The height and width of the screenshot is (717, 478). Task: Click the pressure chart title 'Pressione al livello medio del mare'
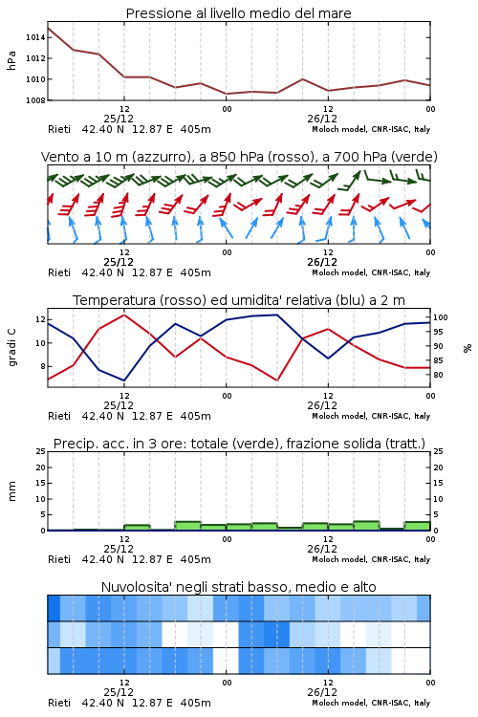[x=238, y=13]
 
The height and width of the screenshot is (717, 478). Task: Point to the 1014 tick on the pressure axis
[x=35, y=37]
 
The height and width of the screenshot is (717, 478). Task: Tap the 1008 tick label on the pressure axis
[x=35, y=100]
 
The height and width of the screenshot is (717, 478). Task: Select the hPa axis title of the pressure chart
[x=11, y=60]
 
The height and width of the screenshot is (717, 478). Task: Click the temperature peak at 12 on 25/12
[x=124, y=315]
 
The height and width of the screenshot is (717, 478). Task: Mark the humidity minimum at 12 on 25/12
[x=124, y=380]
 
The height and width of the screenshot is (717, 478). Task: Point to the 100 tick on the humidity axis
[x=441, y=317]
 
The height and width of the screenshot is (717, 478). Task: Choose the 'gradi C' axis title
[x=11, y=348]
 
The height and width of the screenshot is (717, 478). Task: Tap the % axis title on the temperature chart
[x=467, y=348]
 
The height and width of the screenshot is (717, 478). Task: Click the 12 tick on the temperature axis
[x=40, y=319]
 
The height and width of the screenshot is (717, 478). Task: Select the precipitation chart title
[x=239, y=444]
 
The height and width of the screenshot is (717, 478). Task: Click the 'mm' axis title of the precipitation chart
[x=11, y=491]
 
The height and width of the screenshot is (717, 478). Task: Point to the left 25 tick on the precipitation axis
[x=41, y=451]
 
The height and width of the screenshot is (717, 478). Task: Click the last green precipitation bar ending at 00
[x=417, y=526]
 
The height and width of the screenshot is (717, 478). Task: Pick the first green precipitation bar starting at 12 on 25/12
[x=137, y=527]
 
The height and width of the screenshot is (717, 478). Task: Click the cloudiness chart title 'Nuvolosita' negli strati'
[x=239, y=587]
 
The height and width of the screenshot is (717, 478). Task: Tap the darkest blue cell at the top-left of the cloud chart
[x=54, y=608]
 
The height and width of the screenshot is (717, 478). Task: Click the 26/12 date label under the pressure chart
[x=322, y=119]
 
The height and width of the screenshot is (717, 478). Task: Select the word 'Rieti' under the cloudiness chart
[x=59, y=703]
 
